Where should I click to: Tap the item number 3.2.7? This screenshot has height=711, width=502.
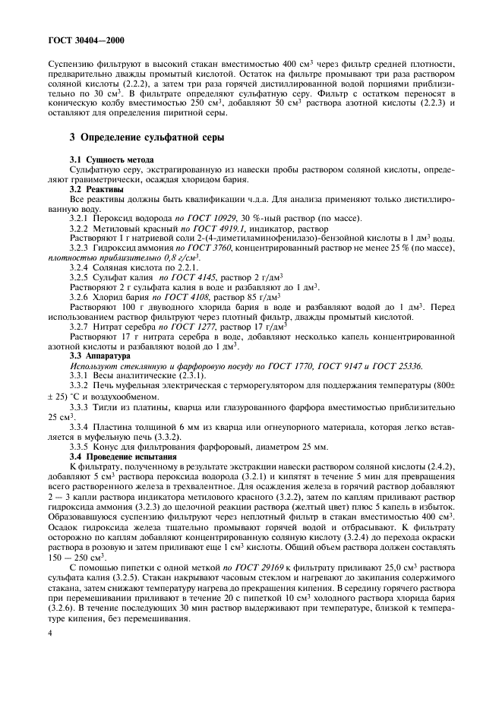[x=81, y=325]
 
